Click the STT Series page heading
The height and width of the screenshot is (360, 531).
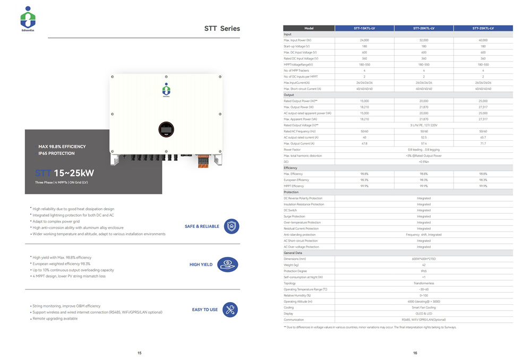[222, 29]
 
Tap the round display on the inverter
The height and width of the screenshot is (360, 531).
[166, 128]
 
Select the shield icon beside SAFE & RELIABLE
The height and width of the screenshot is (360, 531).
[232, 226]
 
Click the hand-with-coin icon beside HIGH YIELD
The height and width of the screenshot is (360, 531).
[228, 264]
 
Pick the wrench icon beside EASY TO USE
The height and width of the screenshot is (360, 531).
[230, 310]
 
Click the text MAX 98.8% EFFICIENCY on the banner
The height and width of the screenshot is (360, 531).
[62, 147]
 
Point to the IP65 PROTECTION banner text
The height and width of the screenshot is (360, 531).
[56, 153]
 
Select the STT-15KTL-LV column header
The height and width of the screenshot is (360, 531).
[364, 28]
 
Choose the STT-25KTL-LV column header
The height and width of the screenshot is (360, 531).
[483, 28]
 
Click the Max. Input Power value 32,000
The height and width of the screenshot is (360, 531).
[424, 40]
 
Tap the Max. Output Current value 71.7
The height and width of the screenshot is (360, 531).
[483, 143]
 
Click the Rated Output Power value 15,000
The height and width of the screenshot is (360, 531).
[364, 101]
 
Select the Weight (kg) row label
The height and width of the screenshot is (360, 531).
[292, 265]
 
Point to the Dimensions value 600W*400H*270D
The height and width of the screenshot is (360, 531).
[424, 259]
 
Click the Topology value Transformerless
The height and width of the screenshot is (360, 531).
[424, 283]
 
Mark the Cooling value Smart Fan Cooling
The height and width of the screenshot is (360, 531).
[424, 307]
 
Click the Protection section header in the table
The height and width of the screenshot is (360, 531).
[292, 192]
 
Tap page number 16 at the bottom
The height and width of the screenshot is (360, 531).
[415, 353]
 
